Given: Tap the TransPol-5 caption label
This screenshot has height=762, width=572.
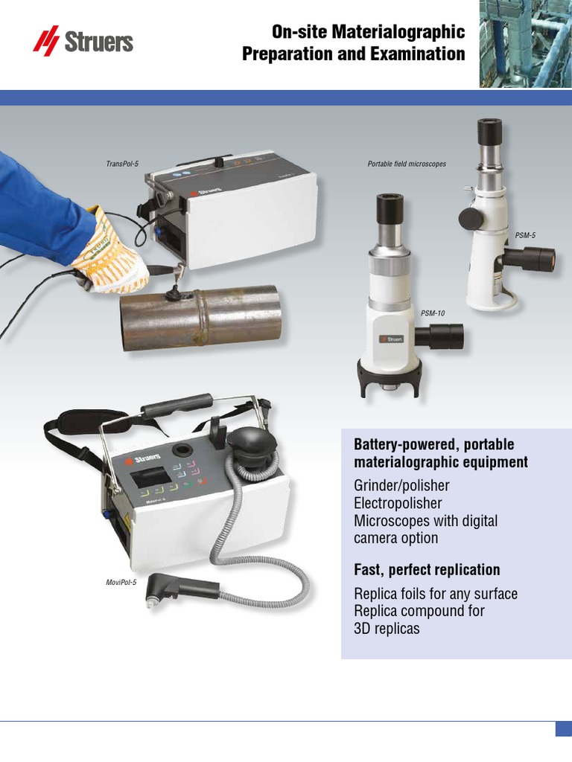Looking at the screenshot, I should pyautogui.click(x=124, y=162).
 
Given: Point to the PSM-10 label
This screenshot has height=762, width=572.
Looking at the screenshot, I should pyautogui.click(x=433, y=313).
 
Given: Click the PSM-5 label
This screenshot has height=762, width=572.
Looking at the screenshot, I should pyautogui.click(x=525, y=235).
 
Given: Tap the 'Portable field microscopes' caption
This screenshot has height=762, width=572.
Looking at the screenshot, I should pyautogui.click(x=407, y=164).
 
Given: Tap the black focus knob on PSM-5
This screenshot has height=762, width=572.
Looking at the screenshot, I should pyautogui.click(x=470, y=218).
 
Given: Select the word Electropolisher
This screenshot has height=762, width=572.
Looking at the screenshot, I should pyautogui.click(x=398, y=502).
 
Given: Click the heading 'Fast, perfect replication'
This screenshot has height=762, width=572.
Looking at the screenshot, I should pyautogui.click(x=427, y=570).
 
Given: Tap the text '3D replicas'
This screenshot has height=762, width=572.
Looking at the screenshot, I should pyautogui.click(x=387, y=628).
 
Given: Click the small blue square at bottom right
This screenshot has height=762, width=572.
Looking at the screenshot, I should pyautogui.click(x=563, y=729).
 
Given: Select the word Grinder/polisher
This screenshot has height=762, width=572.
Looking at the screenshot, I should pyautogui.click(x=401, y=485).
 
